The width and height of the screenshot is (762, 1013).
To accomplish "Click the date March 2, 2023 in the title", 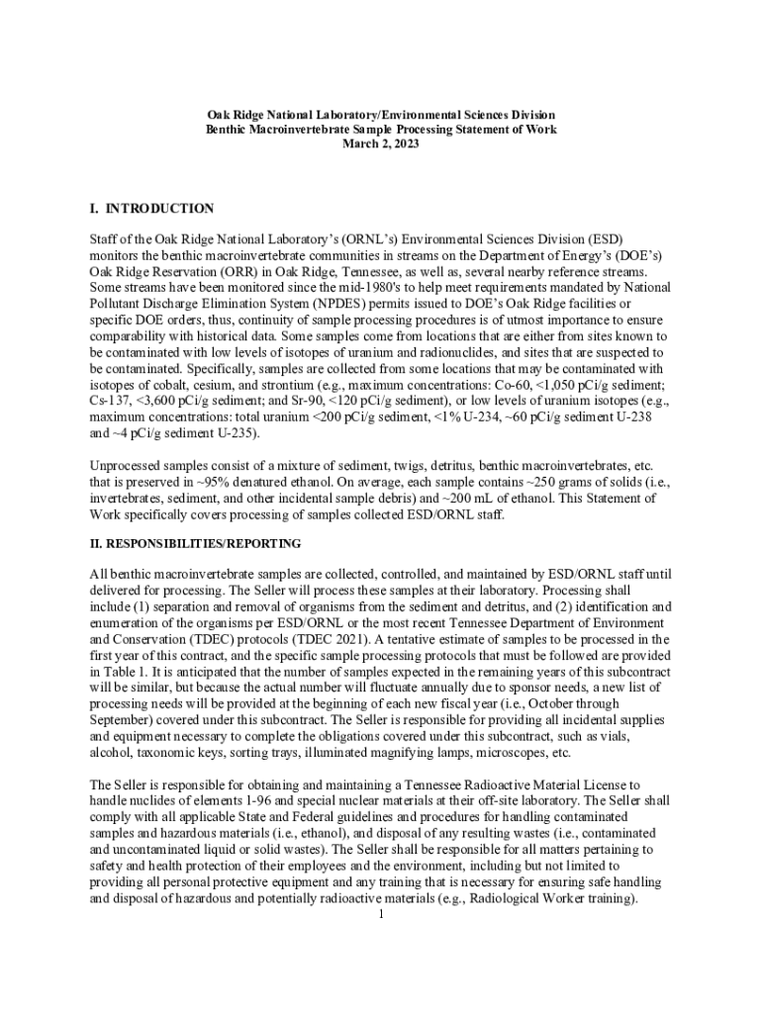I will click(381, 144).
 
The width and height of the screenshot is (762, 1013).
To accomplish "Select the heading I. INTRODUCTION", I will click(151, 209).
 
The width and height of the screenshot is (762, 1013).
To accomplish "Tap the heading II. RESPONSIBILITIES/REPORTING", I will click(195, 544).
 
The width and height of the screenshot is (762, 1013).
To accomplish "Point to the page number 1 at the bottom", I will click(381, 913).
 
